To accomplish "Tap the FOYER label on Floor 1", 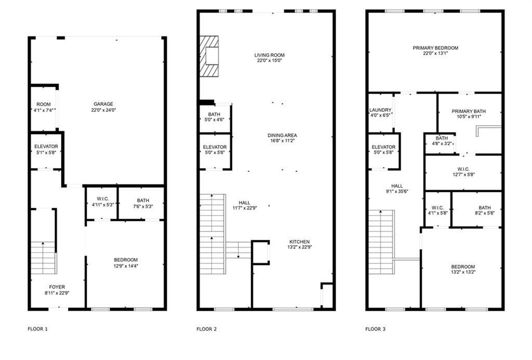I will point(57,287).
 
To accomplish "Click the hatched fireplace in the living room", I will point(210,56).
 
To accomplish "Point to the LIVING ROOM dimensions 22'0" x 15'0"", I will point(269,61).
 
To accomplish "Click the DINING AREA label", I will point(283,135).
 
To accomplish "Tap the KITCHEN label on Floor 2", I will point(299,242).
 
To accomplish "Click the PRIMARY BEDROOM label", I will point(435,48).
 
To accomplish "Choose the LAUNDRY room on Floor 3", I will point(380,113).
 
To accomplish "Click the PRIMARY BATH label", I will point(469,111).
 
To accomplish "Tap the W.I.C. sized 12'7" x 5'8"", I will point(463,171).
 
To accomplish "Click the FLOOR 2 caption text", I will point(207,329).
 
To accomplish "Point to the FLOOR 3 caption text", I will point(375,329).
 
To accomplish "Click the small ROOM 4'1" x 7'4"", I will point(43,107).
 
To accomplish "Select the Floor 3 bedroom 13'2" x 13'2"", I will point(462,269).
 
